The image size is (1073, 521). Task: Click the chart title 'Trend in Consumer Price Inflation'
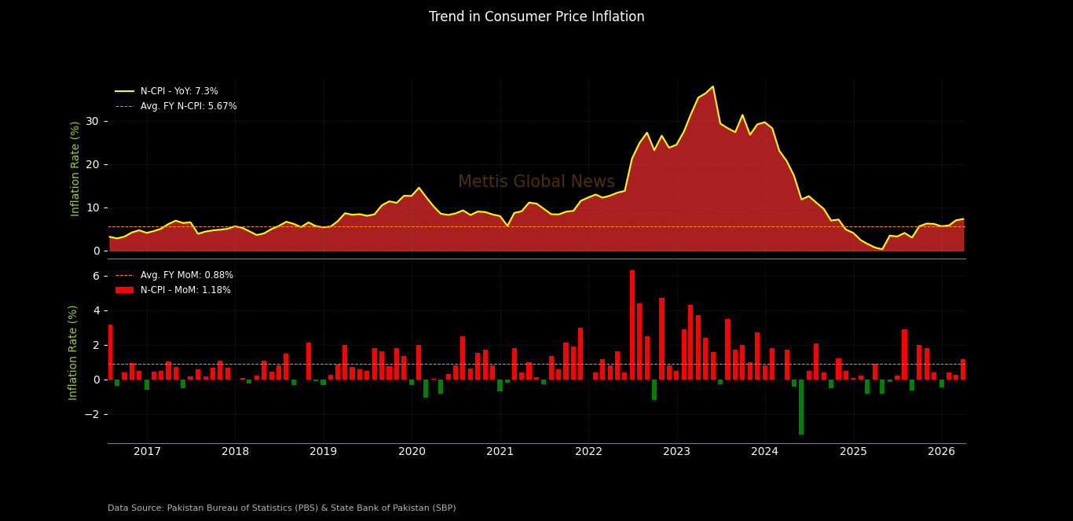click(x=536, y=17)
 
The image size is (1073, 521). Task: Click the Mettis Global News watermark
click(x=536, y=182)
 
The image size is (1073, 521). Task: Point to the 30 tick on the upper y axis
click(x=93, y=121)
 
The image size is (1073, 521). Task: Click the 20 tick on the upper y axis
click(x=93, y=164)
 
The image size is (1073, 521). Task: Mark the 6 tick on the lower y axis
click(x=95, y=276)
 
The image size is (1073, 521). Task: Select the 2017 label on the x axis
click(x=147, y=452)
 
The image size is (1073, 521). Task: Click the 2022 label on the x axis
click(x=588, y=452)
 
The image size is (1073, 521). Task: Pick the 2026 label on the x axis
click(x=941, y=452)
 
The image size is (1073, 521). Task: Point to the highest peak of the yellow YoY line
click(x=712, y=86)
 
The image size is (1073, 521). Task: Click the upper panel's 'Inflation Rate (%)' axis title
click(x=75, y=168)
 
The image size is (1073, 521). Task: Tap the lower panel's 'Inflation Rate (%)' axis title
click(x=74, y=352)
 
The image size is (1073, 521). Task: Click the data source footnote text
click(x=281, y=508)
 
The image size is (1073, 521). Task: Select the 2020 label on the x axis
click(x=412, y=452)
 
